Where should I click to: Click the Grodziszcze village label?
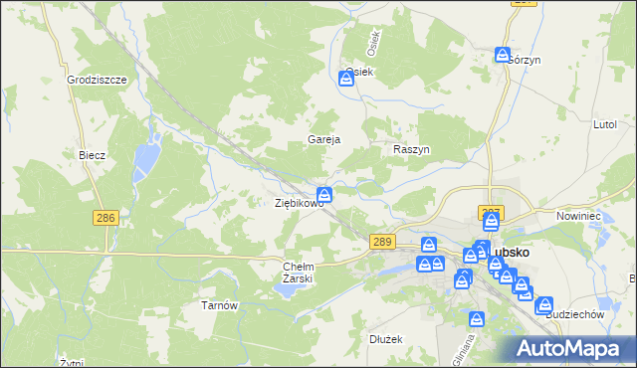pos(95,79)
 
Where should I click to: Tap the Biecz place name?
pos(92,156)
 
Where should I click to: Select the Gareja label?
pos(324,140)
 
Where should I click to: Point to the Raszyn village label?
pos(411,149)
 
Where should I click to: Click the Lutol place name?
pos(605,126)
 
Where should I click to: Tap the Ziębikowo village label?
pos(300,203)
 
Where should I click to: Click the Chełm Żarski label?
pos(299,273)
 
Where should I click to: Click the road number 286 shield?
pos(105,218)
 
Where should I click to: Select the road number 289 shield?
pos(382,242)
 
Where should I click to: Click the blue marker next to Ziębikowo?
pos(324,194)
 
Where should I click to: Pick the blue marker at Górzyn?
pos(503,56)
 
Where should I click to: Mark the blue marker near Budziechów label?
pos(543,304)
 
